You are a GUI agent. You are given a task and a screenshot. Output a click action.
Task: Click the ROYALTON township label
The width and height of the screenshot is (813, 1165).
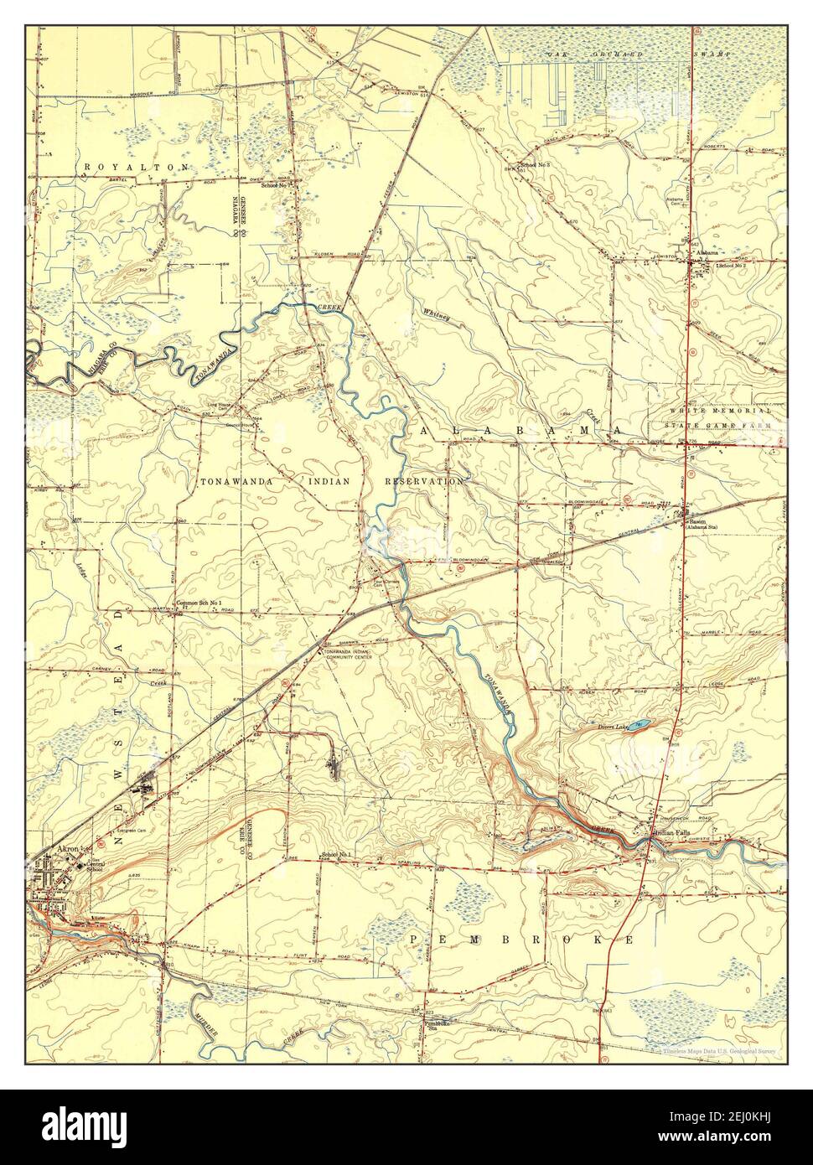click(136, 168)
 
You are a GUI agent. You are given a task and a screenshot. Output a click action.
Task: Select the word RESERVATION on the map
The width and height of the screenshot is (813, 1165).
click(423, 483)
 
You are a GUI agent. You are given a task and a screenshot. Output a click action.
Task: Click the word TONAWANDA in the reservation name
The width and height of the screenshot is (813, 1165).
click(234, 483)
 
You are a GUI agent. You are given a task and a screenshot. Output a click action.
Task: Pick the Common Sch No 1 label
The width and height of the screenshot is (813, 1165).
click(199, 603)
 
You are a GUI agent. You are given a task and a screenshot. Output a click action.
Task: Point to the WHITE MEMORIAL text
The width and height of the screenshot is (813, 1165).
click(720, 411)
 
